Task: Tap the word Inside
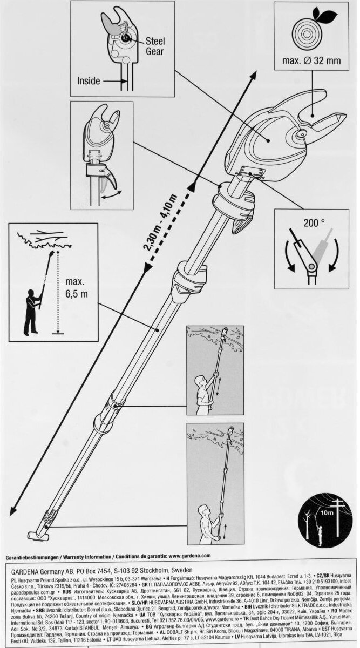(x=89, y=82)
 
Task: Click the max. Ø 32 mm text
(x=311, y=60)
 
